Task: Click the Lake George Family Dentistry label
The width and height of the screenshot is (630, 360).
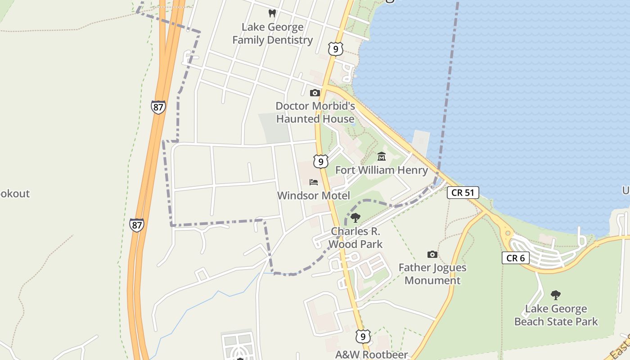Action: (272, 34)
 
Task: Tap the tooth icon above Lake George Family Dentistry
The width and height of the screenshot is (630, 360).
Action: (272, 13)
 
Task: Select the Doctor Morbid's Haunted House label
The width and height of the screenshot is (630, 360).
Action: (315, 112)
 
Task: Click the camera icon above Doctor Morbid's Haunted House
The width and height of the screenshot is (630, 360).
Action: (315, 93)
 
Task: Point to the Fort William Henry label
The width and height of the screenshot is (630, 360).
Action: (381, 170)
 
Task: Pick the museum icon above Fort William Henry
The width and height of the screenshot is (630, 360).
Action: (382, 157)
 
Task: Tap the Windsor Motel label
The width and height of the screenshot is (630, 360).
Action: (313, 196)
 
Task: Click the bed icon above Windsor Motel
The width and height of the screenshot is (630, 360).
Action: (314, 182)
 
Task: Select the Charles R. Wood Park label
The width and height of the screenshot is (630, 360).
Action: (355, 238)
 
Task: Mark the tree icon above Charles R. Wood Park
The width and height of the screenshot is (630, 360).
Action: (355, 218)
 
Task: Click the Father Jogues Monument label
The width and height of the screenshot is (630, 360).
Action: (432, 274)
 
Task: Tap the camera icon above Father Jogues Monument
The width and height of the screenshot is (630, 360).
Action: (432, 255)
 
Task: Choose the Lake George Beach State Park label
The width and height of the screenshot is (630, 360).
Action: (556, 315)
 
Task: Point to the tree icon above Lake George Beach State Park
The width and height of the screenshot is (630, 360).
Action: (556, 295)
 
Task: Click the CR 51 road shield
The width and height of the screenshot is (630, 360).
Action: (463, 193)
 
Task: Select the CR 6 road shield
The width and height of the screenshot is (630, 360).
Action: (516, 258)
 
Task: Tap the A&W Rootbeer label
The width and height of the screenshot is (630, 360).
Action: (371, 355)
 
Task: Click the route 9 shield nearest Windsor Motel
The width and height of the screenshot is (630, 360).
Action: (321, 162)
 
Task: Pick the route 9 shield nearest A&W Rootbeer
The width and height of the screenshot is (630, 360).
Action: (363, 336)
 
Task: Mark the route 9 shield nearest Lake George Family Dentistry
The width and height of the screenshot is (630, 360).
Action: (336, 49)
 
